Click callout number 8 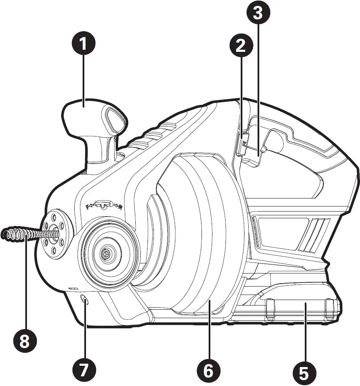pyautogui.click(x=24, y=340)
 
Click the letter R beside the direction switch pyautogui.click(x=121, y=206)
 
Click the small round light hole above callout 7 pyautogui.click(x=85, y=301)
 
